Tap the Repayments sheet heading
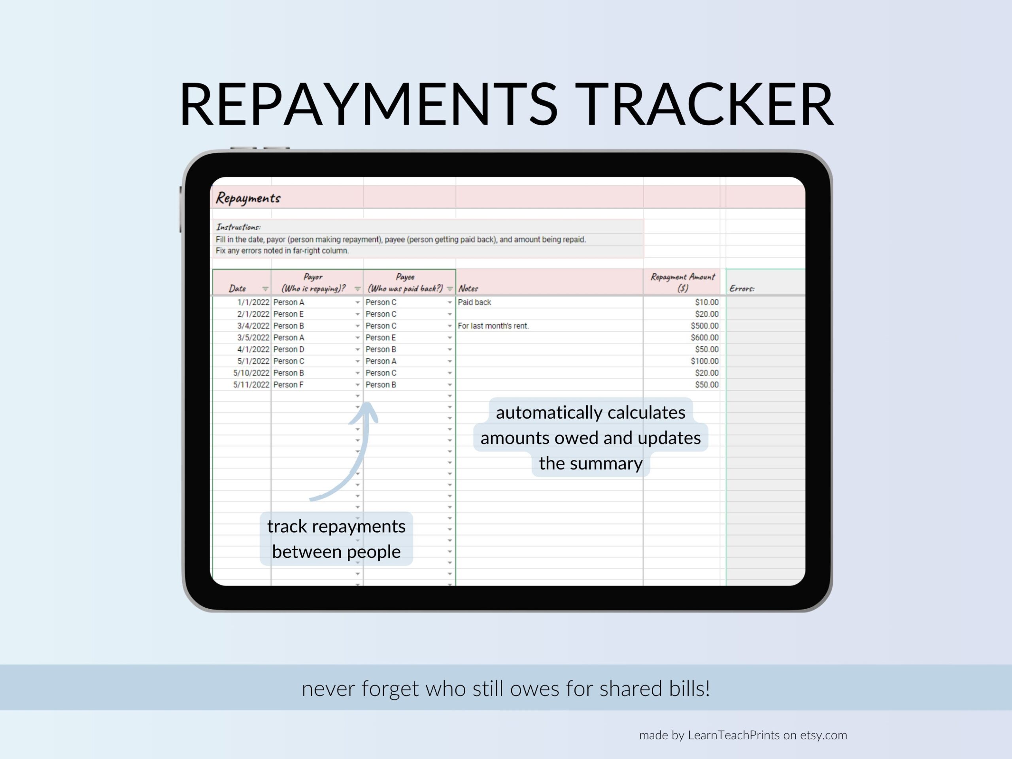[x=248, y=198]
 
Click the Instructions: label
[x=238, y=227]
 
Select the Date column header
[x=238, y=288]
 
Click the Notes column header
[x=468, y=288]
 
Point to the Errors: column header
[x=742, y=288]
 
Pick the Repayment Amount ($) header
[x=682, y=282]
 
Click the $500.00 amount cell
[x=704, y=326]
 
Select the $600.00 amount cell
[x=704, y=338]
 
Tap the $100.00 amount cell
[x=704, y=361]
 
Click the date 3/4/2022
[x=253, y=326]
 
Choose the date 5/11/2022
[x=251, y=385]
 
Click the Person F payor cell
[x=288, y=385]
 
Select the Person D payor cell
[x=289, y=349]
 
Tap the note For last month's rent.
[x=493, y=326]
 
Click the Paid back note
[x=474, y=302]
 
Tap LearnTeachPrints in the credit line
[x=733, y=735]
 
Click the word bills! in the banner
[x=689, y=689]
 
